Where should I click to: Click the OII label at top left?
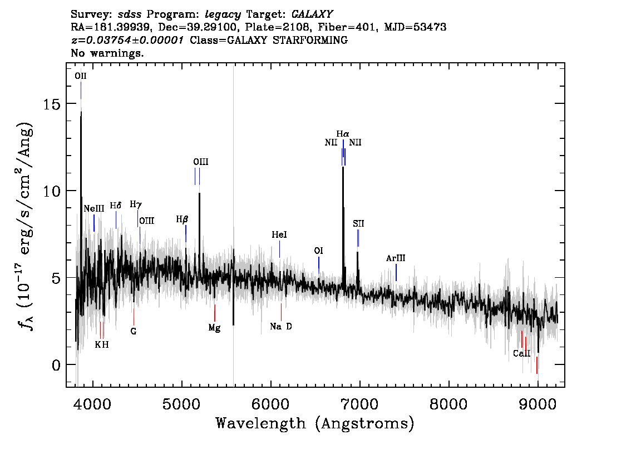[81, 76]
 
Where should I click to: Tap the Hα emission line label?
[343, 134]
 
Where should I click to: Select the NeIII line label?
[94, 208]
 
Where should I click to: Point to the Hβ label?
[182, 219]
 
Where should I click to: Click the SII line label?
[358, 224]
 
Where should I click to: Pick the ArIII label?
[396, 258]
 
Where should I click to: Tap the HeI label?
[279, 234]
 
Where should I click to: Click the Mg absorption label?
[214, 328]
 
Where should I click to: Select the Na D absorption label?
[281, 326]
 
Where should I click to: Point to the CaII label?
[521, 353]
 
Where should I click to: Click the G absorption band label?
[134, 332]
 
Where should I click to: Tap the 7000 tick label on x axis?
[359, 404]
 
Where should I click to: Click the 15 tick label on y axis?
[51, 104]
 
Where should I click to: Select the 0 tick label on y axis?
[56, 365]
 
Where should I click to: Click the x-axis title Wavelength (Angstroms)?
[315, 423]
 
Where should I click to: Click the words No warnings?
[107, 53]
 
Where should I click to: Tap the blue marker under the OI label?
[319, 265]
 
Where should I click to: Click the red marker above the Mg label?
[214, 313]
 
